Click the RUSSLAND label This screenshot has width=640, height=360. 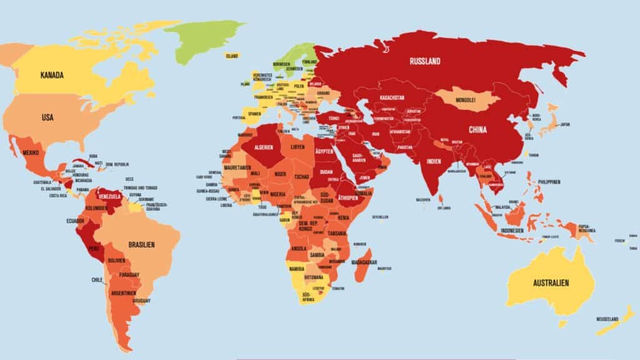425,61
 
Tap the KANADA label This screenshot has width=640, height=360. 52,76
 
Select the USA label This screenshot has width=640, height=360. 47,117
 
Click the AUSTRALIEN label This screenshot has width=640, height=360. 551,283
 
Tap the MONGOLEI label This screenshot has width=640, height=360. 465,99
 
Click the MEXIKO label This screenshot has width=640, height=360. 31,153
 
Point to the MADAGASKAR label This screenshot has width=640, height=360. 367,262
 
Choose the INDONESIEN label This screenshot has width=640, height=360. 516,230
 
